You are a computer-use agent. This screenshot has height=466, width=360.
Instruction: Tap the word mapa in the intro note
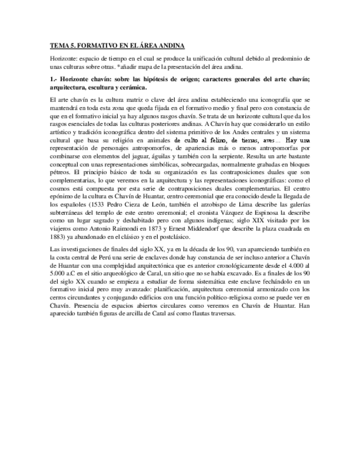(x=151, y=66)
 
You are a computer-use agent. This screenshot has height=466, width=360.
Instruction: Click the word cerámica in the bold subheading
(x=131, y=87)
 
